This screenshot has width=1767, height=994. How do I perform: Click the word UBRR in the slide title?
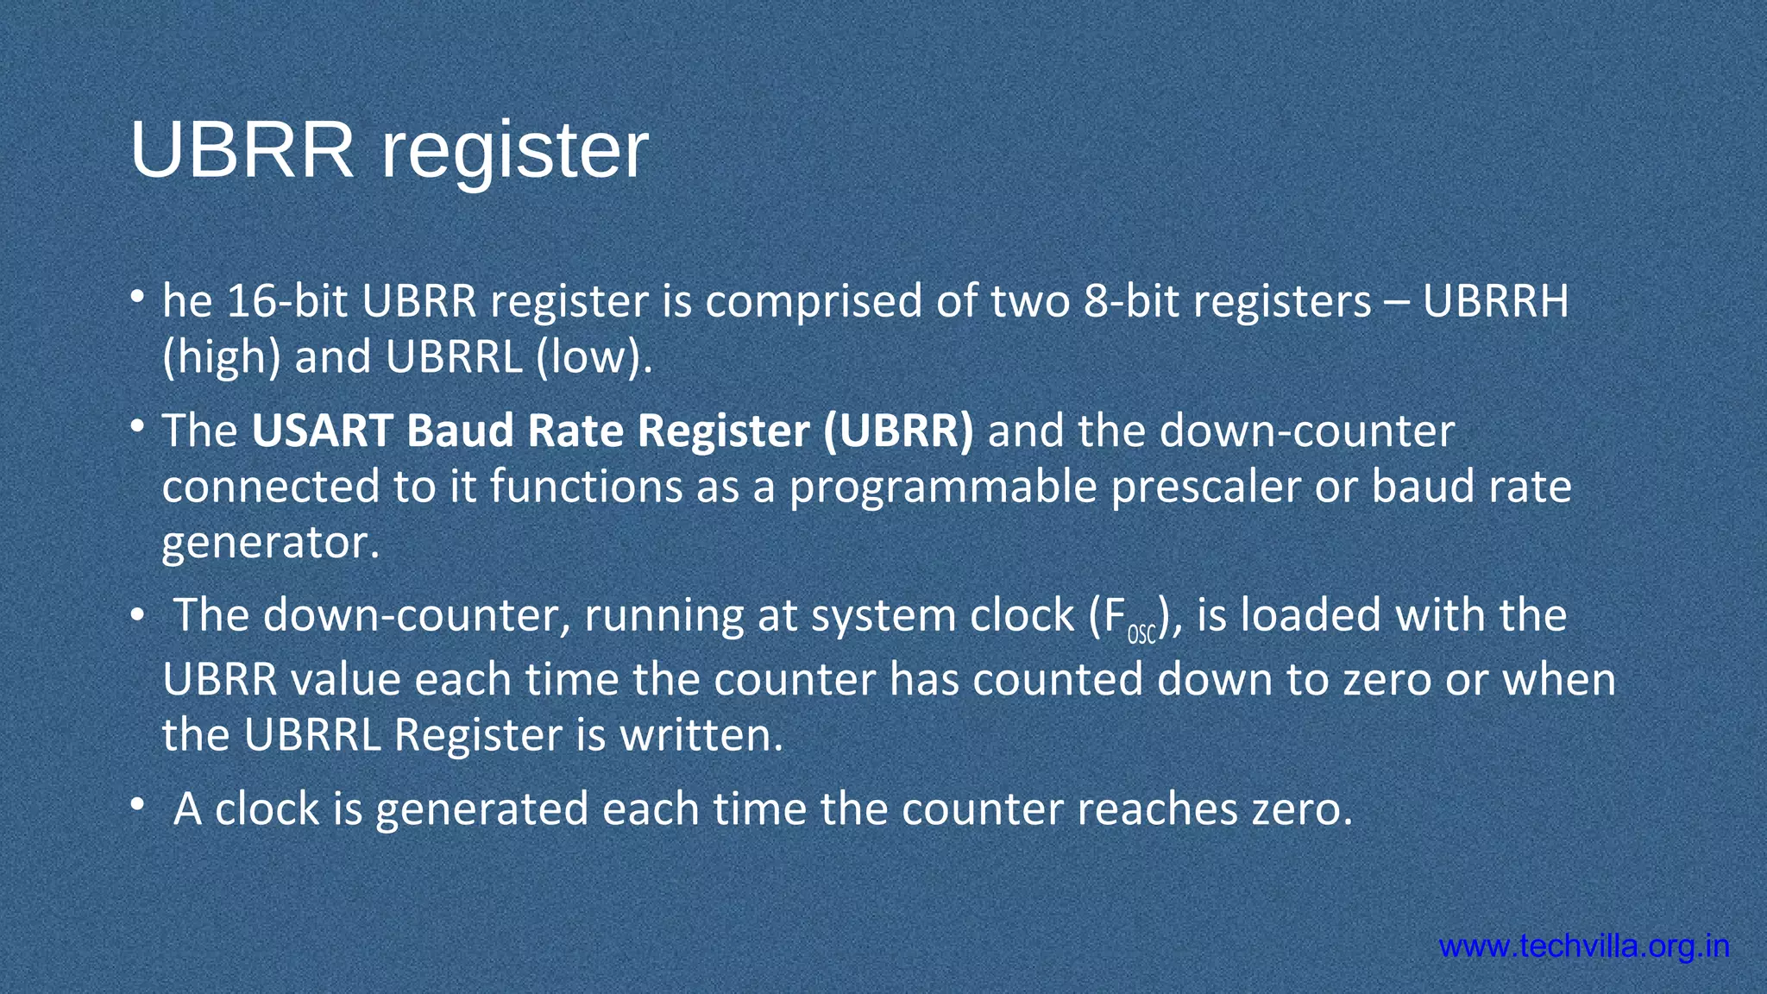pyautogui.click(x=242, y=150)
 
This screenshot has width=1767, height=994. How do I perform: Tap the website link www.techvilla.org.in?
pyautogui.click(x=1584, y=947)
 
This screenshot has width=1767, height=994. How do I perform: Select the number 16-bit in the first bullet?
pyautogui.click(x=287, y=301)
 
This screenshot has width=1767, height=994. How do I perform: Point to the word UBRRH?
pyautogui.click(x=1495, y=301)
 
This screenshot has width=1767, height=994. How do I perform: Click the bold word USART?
pyautogui.click(x=323, y=431)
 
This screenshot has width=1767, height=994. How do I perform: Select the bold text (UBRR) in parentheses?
pyautogui.click(x=898, y=431)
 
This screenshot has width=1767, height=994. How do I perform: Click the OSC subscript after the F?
pyautogui.click(x=1141, y=635)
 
